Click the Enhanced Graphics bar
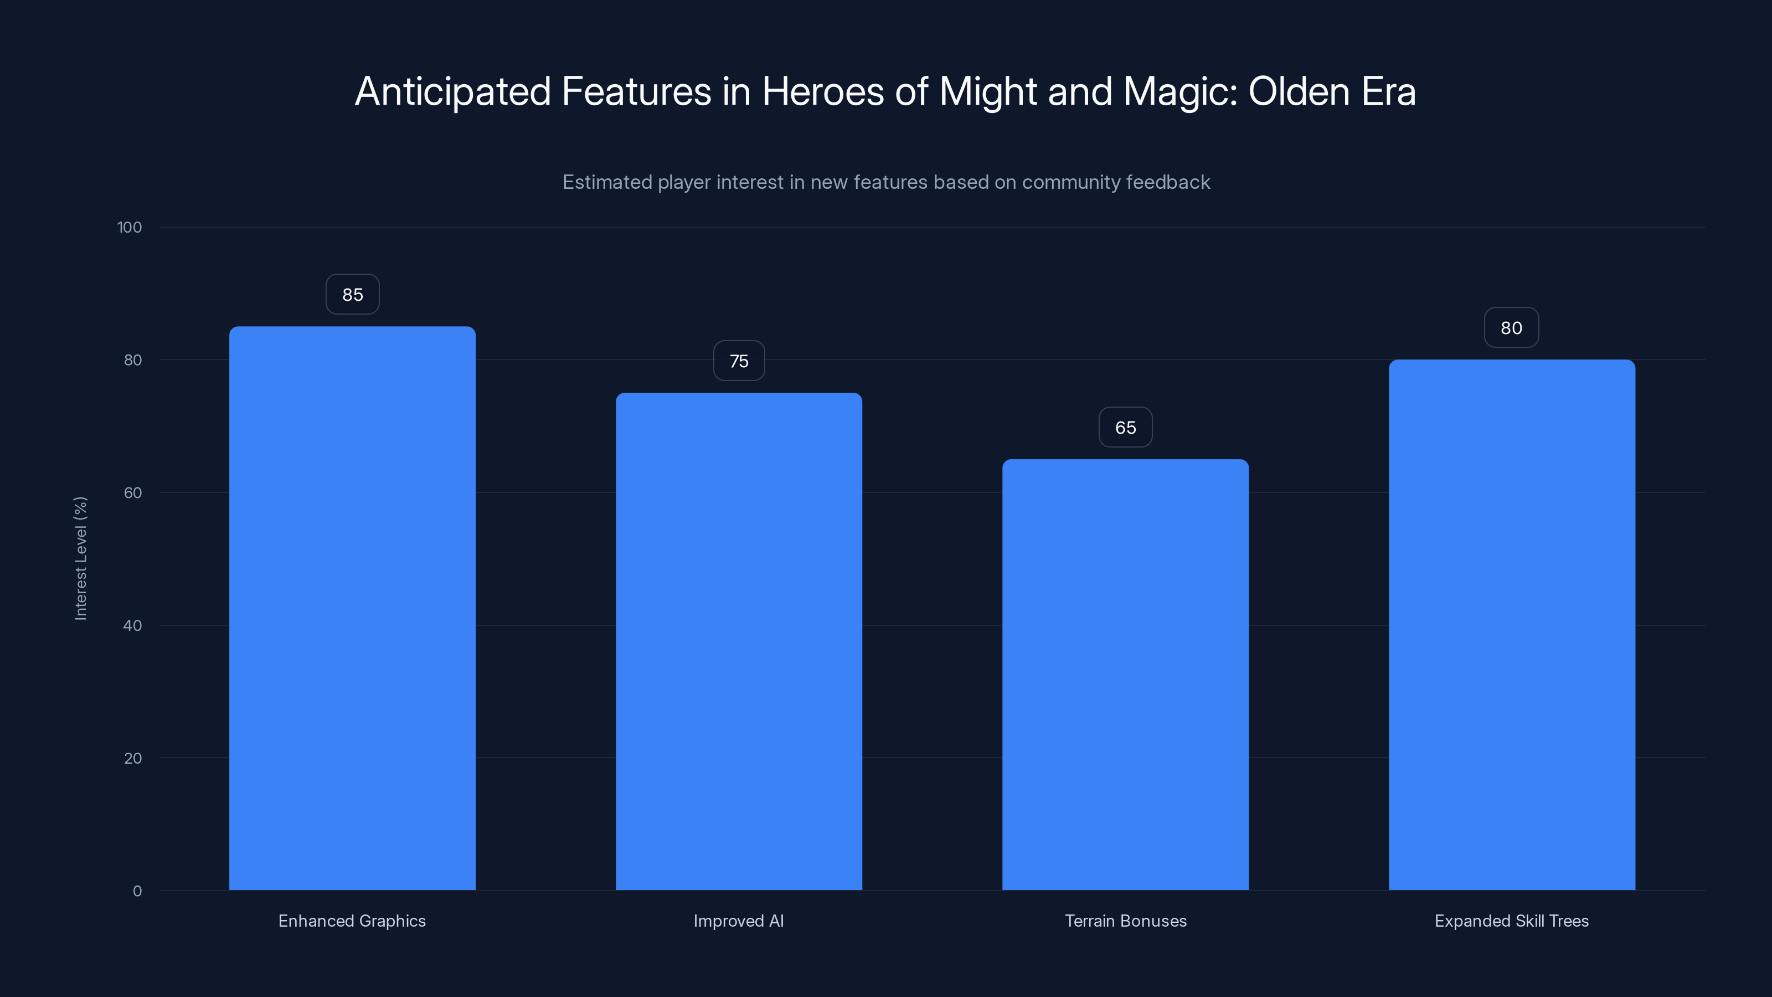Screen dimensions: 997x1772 (x=352, y=608)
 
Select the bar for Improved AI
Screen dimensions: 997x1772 (x=739, y=641)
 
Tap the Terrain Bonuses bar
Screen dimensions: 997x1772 (x=1125, y=674)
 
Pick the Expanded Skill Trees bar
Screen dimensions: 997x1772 (x=1511, y=625)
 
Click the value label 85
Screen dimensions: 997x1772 (x=352, y=295)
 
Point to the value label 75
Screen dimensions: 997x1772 (x=739, y=361)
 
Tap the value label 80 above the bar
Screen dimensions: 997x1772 (x=1511, y=328)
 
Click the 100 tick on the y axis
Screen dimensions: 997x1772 (x=130, y=228)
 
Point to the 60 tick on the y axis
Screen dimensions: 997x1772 (x=133, y=492)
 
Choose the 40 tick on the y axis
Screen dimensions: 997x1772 (x=133, y=625)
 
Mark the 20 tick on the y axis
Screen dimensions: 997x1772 (x=133, y=758)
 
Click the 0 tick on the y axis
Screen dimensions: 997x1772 (x=137, y=891)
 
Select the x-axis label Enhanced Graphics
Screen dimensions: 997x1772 (x=352, y=921)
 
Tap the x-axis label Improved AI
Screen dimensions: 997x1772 (x=739, y=921)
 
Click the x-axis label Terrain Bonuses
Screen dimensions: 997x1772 (x=1125, y=921)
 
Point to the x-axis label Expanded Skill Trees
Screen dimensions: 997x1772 (x=1511, y=921)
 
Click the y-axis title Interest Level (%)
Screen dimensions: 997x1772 (x=80, y=558)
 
